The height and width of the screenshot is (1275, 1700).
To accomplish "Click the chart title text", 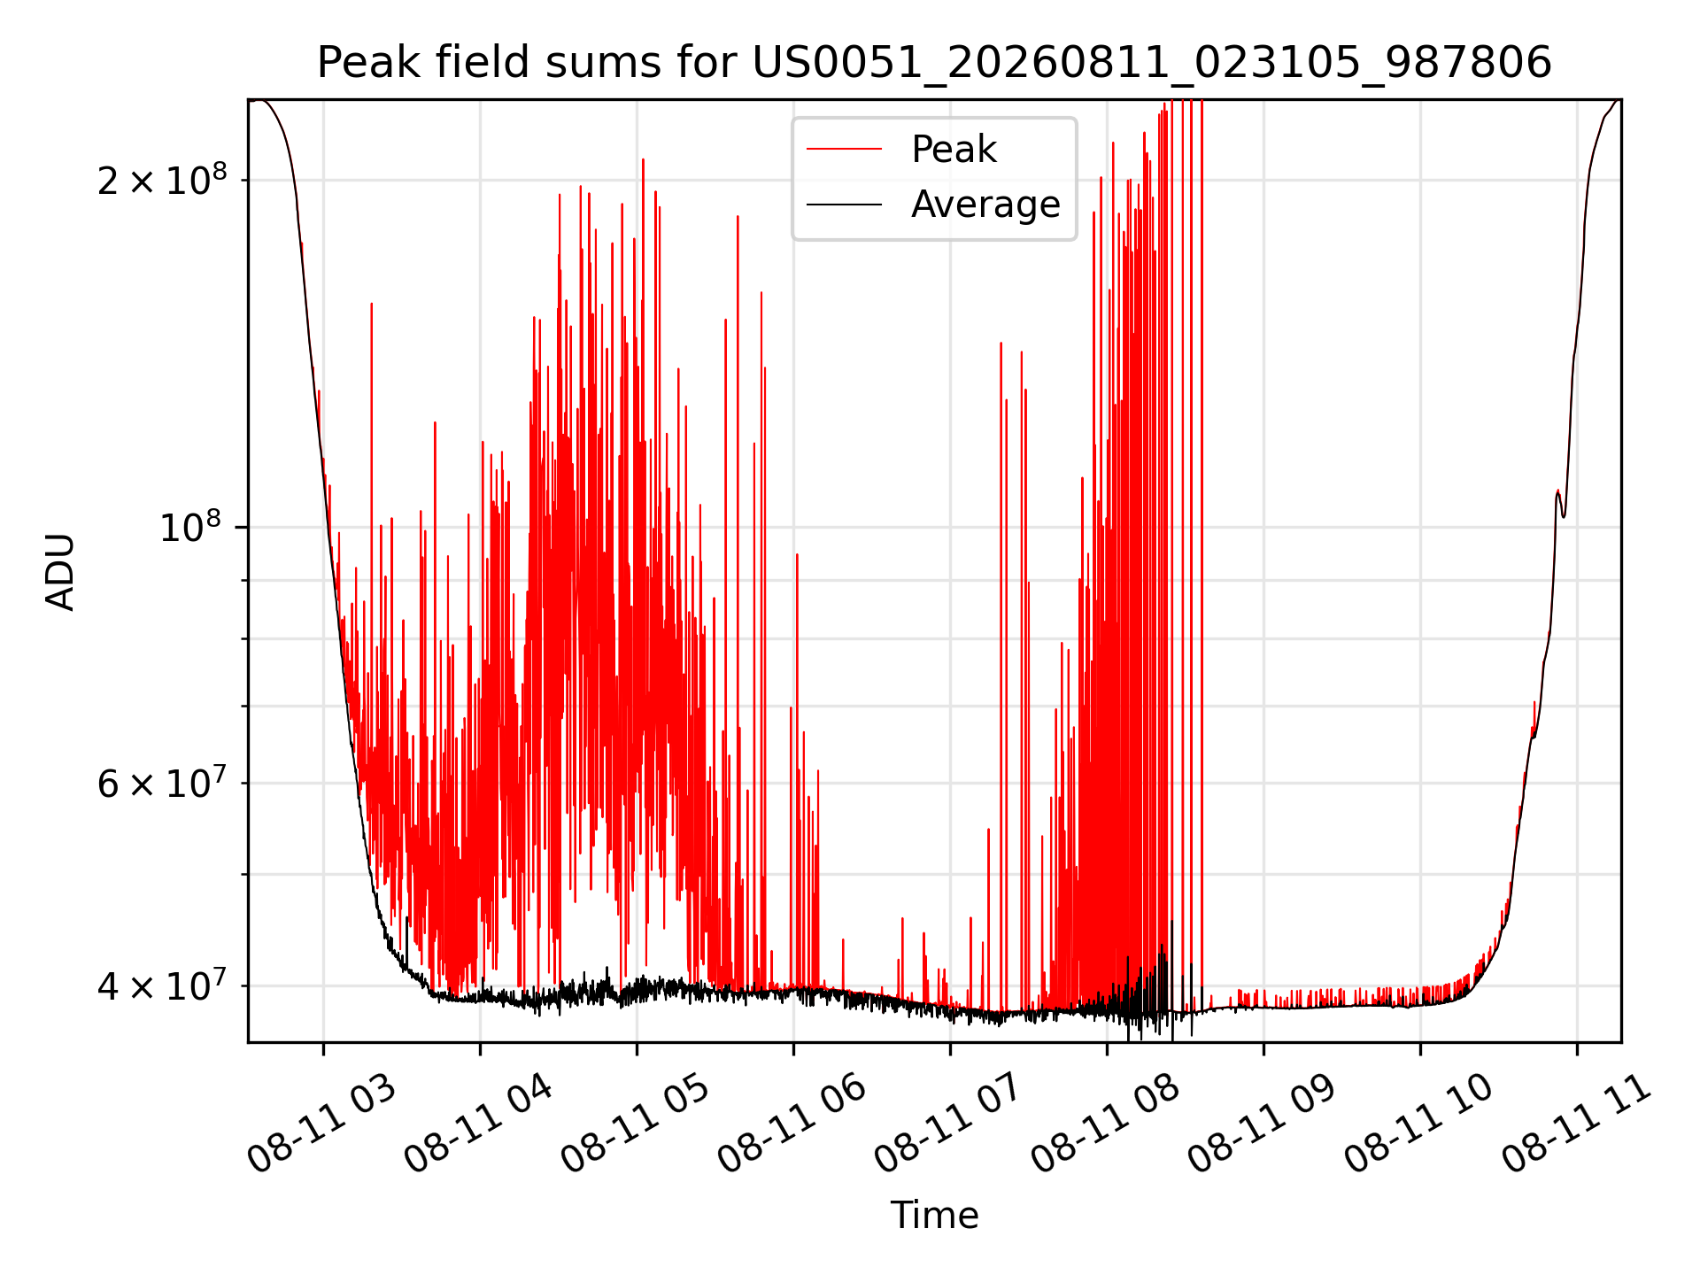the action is click(x=934, y=63).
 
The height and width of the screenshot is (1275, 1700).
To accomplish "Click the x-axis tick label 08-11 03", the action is click(x=322, y=1124).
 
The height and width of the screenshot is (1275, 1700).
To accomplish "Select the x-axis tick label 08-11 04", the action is click(x=479, y=1124).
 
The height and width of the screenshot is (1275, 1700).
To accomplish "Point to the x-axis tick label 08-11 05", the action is click(x=636, y=1124).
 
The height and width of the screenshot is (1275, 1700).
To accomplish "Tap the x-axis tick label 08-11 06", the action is click(x=792, y=1124).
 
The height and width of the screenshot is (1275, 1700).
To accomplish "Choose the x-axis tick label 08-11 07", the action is click(x=949, y=1124).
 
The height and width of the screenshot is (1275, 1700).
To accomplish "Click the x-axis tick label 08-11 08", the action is click(x=1106, y=1124).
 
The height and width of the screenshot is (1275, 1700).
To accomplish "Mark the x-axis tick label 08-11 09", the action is click(x=1263, y=1124).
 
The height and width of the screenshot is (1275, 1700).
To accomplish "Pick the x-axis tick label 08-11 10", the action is click(x=1419, y=1124).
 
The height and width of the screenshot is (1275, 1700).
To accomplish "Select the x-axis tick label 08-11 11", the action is click(x=1577, y=1124).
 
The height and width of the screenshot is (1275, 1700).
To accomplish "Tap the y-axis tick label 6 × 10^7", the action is click(x=162, y=783).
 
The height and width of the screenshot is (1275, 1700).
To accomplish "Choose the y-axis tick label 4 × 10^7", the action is click(x=162, y=985).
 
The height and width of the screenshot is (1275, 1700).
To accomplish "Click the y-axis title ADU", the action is click(x=60, y=571).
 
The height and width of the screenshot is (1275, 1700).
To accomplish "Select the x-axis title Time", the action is click(x=934, y=1216).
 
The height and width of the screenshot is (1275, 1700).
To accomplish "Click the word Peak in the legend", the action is click(x=954, y=150).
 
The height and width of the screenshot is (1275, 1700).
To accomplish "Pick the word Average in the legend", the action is click(x=985, y=205).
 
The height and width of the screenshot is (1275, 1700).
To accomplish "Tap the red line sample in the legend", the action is click(x=844, y=150).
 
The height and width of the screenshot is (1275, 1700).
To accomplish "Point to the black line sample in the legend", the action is click(x=844, y=205).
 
